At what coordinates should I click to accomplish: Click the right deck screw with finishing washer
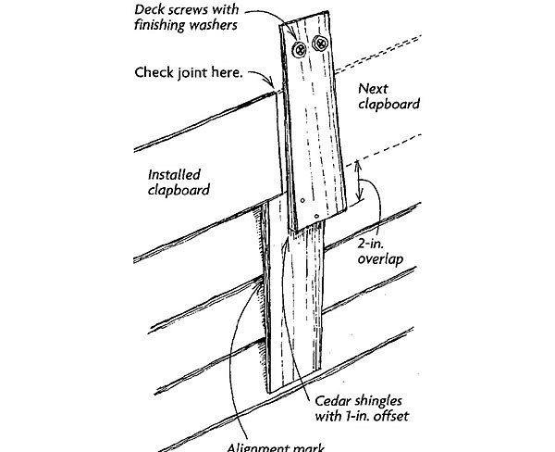point(321,43)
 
